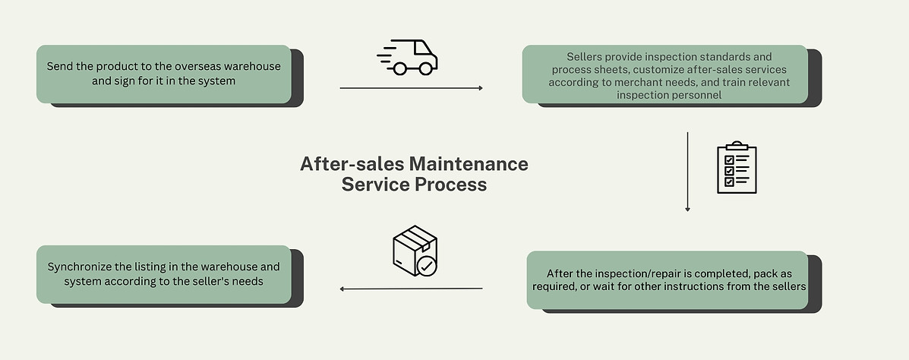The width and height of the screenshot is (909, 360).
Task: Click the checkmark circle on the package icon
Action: coord(427,267)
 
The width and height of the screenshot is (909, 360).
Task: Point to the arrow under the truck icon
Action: coord(411,89)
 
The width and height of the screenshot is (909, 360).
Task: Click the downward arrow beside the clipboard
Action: coord(687,172)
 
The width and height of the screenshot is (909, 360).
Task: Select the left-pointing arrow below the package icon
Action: coord(411,289)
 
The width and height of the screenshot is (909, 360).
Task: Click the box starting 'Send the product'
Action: coord(164,73)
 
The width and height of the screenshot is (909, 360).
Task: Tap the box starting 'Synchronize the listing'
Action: coord(164,274)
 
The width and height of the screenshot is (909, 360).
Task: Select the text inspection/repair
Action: coord(636,273)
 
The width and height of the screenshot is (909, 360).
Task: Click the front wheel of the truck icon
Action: coord(425,68)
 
